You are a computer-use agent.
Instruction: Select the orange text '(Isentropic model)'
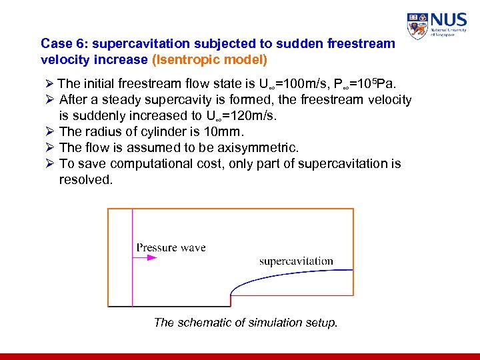tap(210, 59)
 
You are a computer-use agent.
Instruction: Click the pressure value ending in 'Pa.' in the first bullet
tap(374, 85)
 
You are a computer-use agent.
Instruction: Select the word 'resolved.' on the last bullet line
tap(86, 179)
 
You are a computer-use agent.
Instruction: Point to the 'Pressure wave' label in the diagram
tap(171, 248)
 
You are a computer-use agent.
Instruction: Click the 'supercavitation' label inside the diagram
tap(296, 261)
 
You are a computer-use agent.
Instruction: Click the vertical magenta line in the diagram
tap(133, 267)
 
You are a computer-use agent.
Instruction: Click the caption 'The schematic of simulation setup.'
tap(245, 323)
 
